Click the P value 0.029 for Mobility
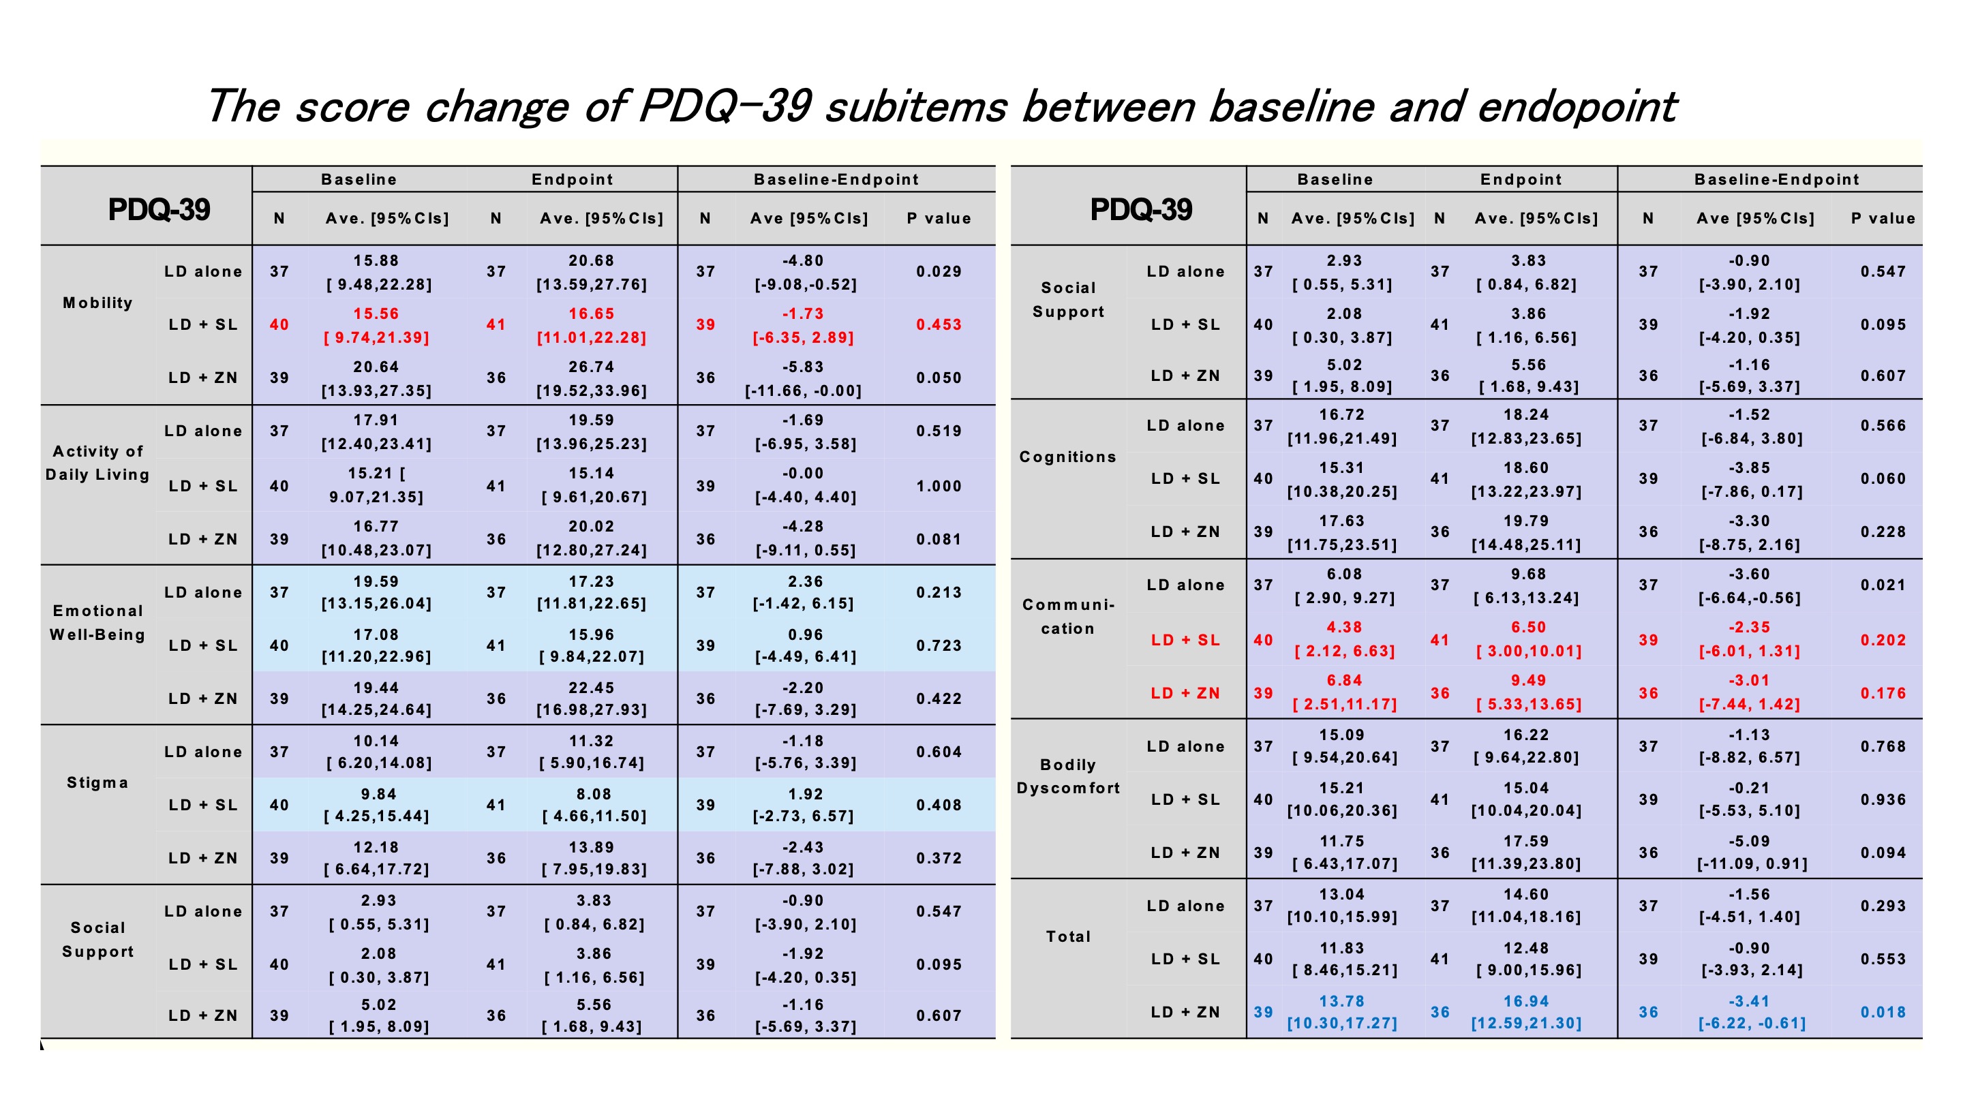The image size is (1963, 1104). point(938,272)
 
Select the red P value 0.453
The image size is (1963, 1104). point(938,325)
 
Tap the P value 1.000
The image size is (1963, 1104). point(938,486)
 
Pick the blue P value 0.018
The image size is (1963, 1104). point(1882,1013)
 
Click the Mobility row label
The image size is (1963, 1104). point(97,303)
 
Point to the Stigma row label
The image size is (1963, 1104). point(97,782)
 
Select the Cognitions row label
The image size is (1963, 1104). point(1067,457)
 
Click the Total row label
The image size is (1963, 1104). point(1067,936)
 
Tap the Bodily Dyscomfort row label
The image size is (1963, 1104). point(1067,776)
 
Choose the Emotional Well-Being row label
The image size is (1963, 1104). point(97,622)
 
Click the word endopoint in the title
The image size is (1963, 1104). point(1577,107)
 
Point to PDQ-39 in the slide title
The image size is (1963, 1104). point(724,107)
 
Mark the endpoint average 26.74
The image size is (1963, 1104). point(592,367)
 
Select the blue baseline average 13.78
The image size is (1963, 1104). point(1342,1002)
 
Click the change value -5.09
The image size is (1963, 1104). point(1750,842)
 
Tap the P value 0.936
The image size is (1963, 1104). point(1882,800)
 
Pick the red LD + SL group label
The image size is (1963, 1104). point(1185,641)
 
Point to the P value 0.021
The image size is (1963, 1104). point(1882,586)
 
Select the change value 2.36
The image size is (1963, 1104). point(806,582)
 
